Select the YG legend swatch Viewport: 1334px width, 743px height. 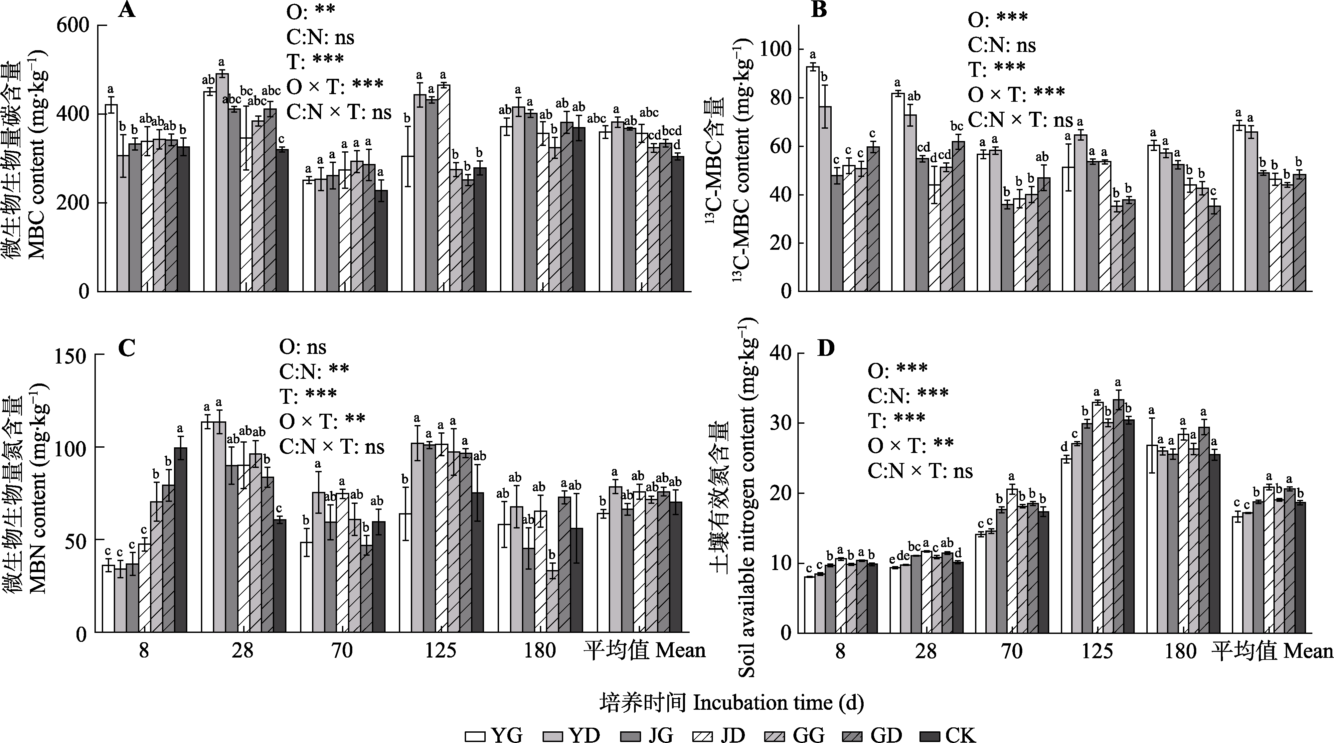475,735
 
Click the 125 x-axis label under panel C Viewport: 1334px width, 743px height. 441,650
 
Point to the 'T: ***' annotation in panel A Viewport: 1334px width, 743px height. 315,60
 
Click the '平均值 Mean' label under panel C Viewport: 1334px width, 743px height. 644,650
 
